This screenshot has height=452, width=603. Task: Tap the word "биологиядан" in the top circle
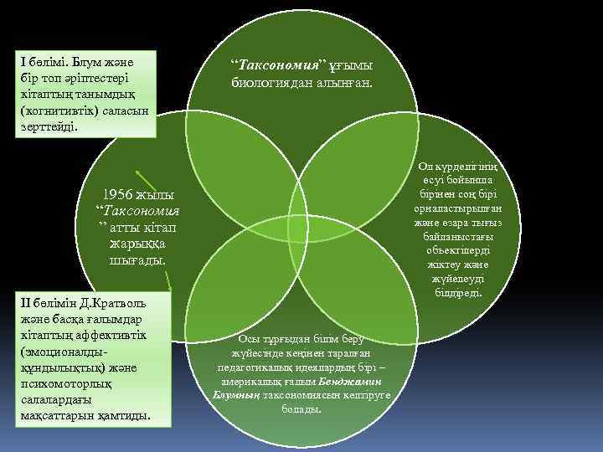272,83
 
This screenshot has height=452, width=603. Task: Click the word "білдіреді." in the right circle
457,292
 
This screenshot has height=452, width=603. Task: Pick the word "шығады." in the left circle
138,260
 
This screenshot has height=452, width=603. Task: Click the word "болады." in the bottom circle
301,408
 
